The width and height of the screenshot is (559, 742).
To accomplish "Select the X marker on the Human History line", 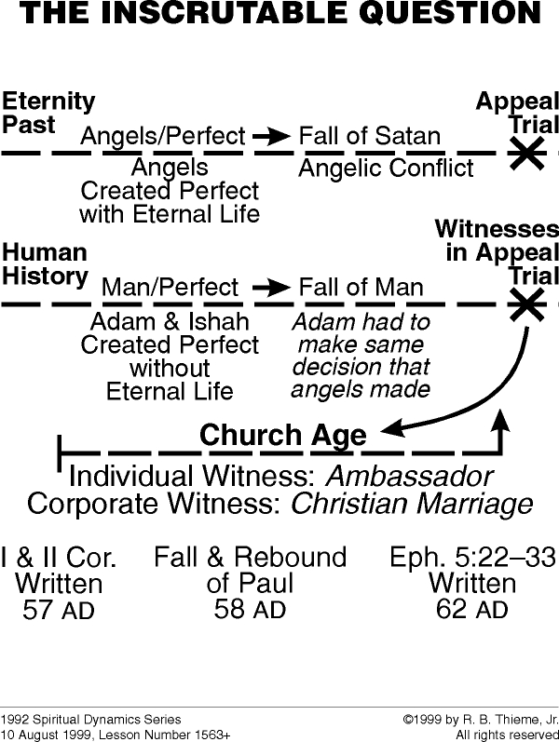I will pos(527,304).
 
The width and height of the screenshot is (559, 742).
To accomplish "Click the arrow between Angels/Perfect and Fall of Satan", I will pos(271,137).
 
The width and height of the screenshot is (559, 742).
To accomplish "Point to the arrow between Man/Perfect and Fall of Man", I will pos(271,288).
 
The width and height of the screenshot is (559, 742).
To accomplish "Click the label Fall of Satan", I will pos(369,137).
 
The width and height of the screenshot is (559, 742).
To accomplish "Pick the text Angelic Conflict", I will pos(386,169).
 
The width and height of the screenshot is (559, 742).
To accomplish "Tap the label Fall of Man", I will pos(361,288).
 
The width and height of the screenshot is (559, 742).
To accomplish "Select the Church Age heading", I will pos(283,435).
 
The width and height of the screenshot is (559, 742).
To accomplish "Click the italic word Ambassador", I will pos(408,477).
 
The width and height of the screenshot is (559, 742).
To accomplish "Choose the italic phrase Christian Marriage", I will pos(412,505).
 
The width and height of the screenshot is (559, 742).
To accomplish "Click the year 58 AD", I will pos(250,610).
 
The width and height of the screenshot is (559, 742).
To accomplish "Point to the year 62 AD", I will pos(471,610).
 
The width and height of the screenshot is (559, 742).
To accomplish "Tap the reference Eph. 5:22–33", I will pos(472,558).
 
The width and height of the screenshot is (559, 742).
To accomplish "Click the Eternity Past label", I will pos(48,113).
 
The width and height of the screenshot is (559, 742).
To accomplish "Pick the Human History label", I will pos(45,263).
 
